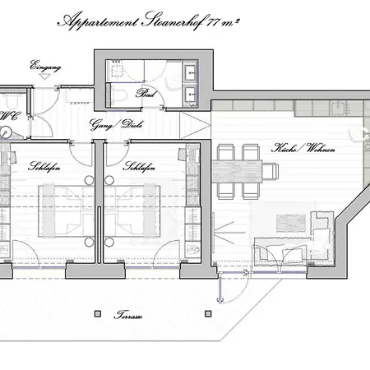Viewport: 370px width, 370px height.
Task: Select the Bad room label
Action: point(146,93)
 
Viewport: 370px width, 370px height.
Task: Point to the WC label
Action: point(10,116)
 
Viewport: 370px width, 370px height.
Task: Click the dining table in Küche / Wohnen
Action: point(246,171)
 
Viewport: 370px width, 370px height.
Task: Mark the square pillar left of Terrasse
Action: point(98,313)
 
